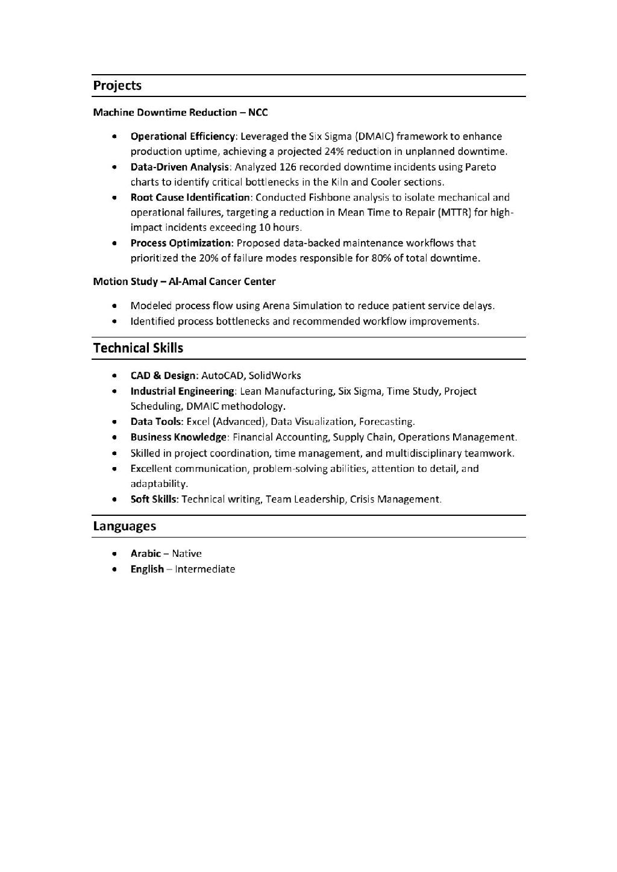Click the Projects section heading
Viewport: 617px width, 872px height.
[117, 86]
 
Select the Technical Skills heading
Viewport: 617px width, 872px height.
[138, 348]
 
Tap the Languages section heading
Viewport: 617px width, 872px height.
[124, 526]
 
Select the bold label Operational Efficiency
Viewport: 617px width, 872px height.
[182, 136]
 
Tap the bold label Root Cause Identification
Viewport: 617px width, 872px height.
[190, 197]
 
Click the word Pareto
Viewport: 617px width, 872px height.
[481, 167]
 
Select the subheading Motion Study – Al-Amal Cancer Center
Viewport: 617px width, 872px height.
[184, 281]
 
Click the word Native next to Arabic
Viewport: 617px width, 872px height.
[187, 553]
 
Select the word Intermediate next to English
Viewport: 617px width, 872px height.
[205, 569]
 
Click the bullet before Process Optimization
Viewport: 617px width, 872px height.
[114, 243]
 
